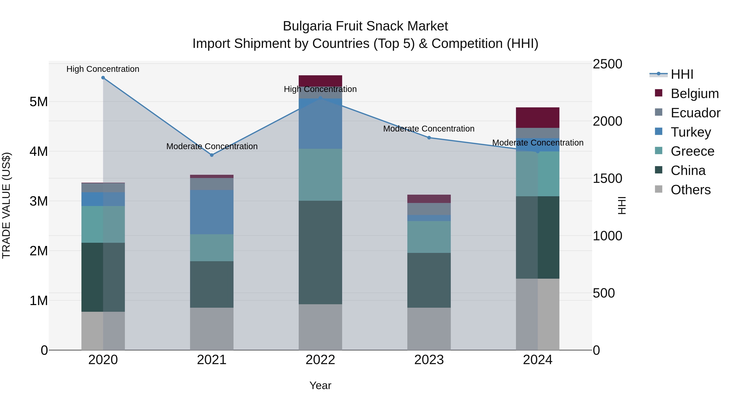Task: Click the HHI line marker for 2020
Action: pos(103,78)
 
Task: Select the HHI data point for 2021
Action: pos(212,155)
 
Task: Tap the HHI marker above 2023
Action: pos(429,138)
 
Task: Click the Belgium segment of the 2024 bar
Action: pos(537,118)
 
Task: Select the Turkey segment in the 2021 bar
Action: pos(212,212)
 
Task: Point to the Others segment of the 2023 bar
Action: pos(429,329)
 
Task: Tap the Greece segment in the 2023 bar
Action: pos(429,237)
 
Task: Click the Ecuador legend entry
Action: pos(695,113)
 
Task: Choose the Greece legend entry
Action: pos(692,151)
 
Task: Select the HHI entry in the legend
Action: pos(682,74)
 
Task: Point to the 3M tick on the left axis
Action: pos(39,201)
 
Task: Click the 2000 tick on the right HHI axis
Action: pos(607,121)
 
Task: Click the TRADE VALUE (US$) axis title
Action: pos(6,206)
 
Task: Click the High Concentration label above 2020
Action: pos(103,69)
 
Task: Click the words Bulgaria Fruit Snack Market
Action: pos(365,26)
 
